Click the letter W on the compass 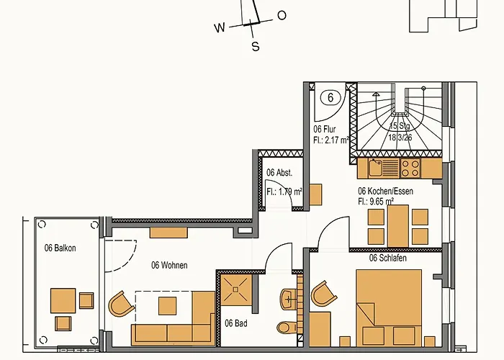220,28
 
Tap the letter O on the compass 282,15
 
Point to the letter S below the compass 255,47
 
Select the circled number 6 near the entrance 330,97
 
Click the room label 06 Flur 325,130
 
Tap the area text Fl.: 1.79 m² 284,192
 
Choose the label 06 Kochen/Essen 386,192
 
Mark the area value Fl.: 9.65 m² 376,202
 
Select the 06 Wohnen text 169,265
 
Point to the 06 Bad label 235,324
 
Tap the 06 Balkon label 60,248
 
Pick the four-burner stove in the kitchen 410,168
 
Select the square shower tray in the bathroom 235,289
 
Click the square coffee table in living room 168,306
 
